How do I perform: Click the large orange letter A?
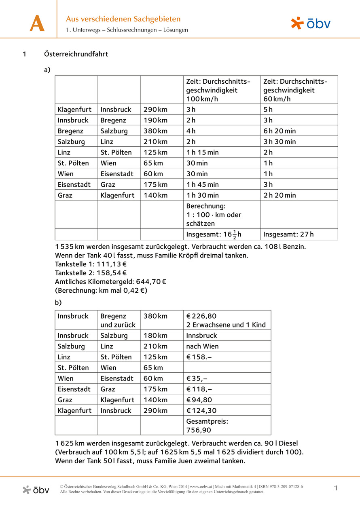[x=37, y=24]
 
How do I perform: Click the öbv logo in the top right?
[x=311, y=23]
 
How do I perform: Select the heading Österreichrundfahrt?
[x=76, y=54]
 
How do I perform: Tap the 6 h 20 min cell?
[x=280, y=131]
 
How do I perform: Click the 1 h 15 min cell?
[x=202, y=152]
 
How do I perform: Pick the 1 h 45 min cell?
[x=202, y=184]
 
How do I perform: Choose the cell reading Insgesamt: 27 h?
[x=288, y=234]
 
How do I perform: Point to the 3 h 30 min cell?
[x=280, y=142]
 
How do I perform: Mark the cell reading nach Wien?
[x=202, y=346]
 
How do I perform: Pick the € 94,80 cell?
[x=199, y=400]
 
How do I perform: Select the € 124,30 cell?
[x=201, y=410]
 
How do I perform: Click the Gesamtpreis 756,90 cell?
[x=207, y=426]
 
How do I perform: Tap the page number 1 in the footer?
[x=336, y=488]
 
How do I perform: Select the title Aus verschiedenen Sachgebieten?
[x=123, y=19]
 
